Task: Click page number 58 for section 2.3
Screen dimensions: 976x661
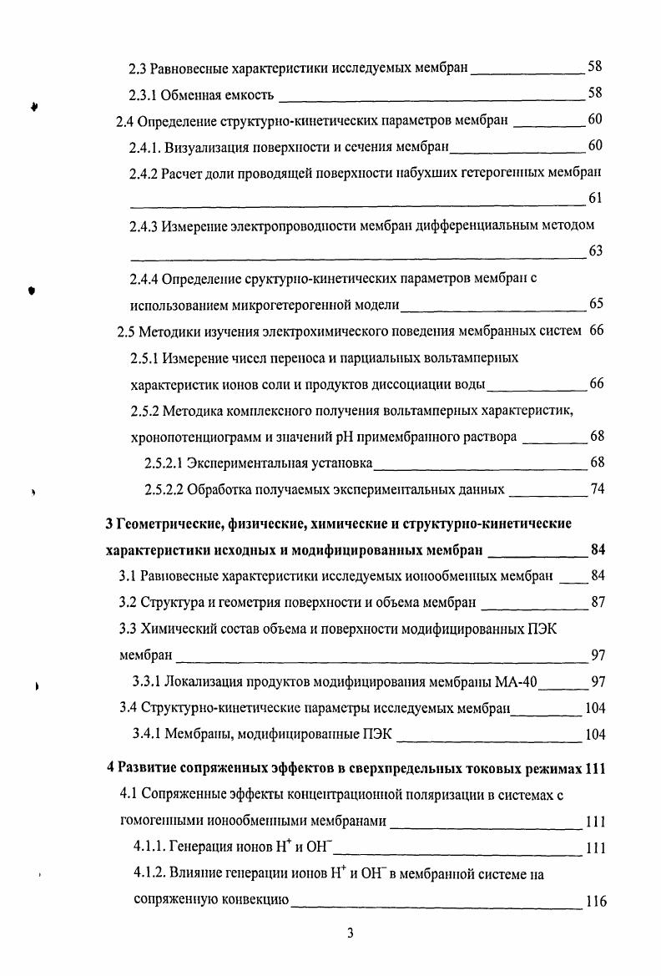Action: pyautogui.click(x=595, y=67)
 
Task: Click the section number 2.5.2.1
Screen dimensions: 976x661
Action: pyautogui.click(x=164, y=463)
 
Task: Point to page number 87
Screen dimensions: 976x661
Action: pyautogui.click(x=597, y=602)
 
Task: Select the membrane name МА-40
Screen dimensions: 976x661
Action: pyautogui.click(x=517, y=682)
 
